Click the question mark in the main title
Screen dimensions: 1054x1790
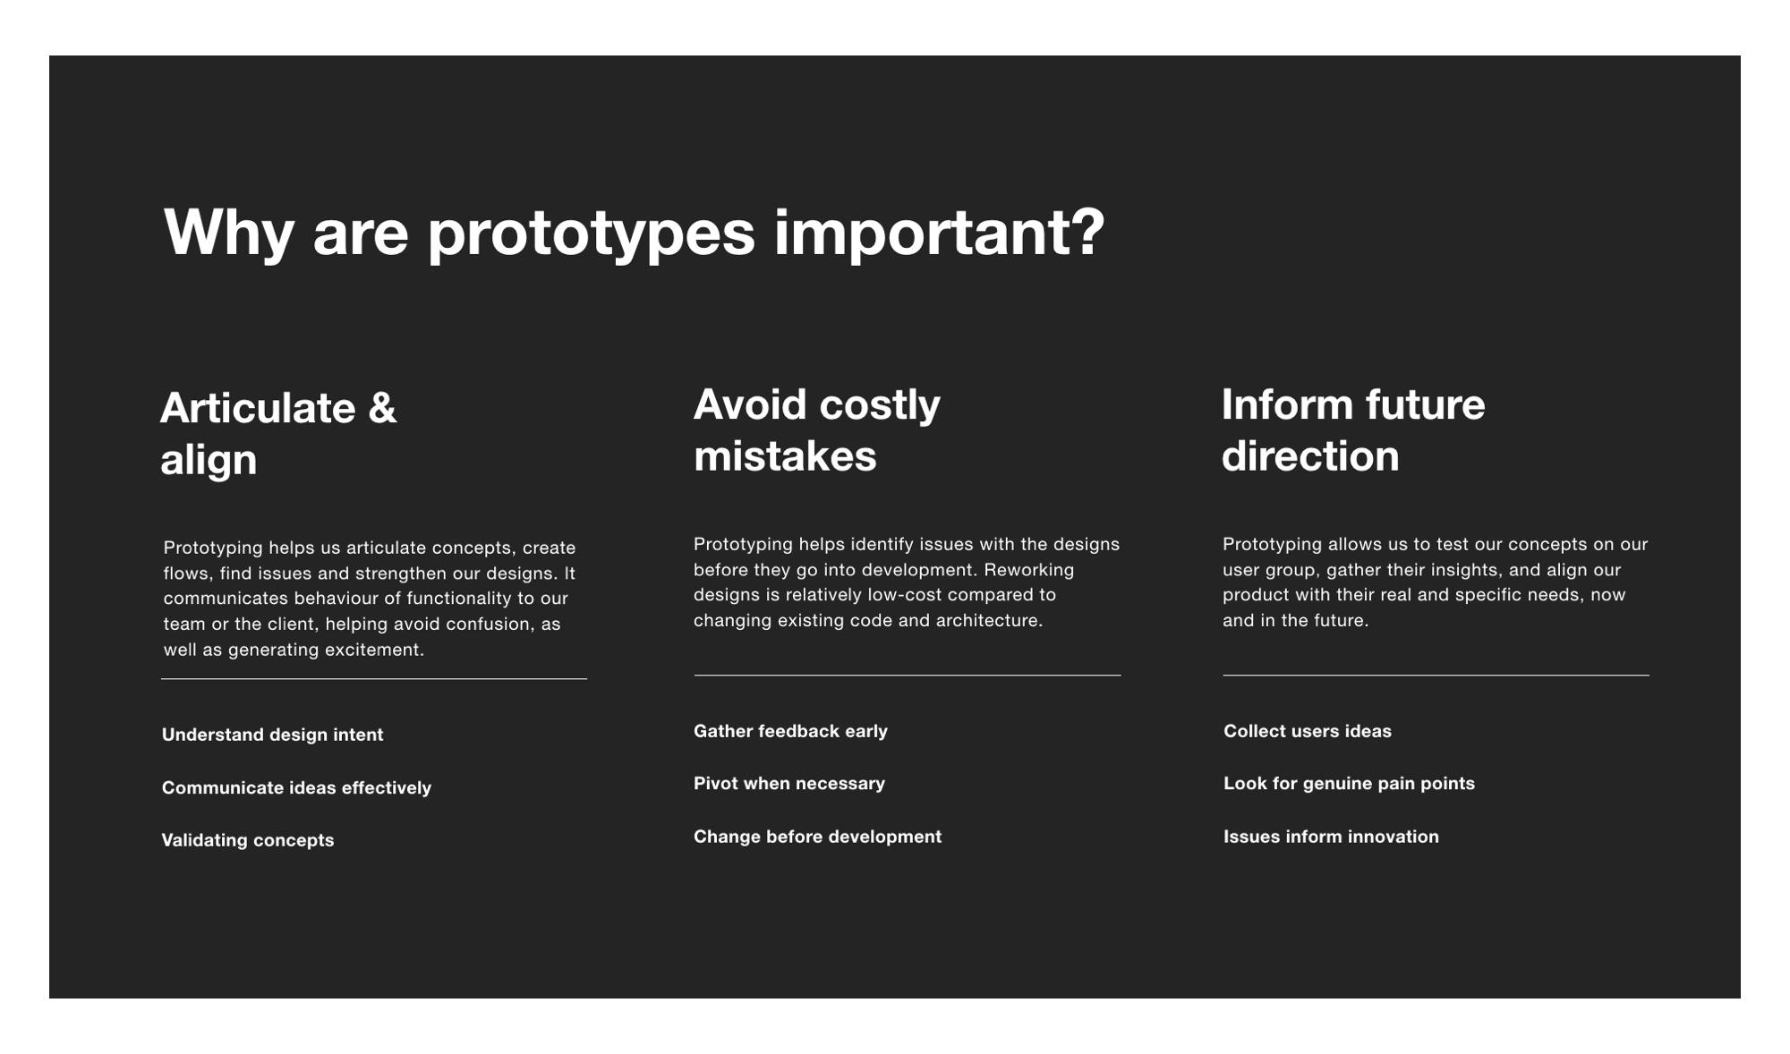[x=1087, y=233]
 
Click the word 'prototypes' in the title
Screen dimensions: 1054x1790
[x=591, y=234]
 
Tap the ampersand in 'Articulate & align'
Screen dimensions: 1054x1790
[x=382, y=408]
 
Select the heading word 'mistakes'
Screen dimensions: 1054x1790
[x=785, y=456]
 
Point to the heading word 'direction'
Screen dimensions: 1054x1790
[x=1310, y=456]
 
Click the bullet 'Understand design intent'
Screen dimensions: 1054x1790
[x=272, y=735]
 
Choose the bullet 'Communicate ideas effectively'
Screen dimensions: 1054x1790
[x=296, y=788]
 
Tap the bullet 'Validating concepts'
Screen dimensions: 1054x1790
[x=248, y=840]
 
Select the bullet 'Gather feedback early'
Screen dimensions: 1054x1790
[x=790, y=731]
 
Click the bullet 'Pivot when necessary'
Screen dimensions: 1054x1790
[x=789, y=784]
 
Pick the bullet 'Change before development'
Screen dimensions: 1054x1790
[x=817, y=837]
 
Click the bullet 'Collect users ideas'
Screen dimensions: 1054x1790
[x=1308, y=731]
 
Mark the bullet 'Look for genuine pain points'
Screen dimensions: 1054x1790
[x=1349, y=784]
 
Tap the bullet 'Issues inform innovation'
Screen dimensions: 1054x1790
[x=1331, y=837]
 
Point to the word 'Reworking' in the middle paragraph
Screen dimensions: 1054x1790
[x=1029, y=570]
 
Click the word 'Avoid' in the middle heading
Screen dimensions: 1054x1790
[x=749, y=404]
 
